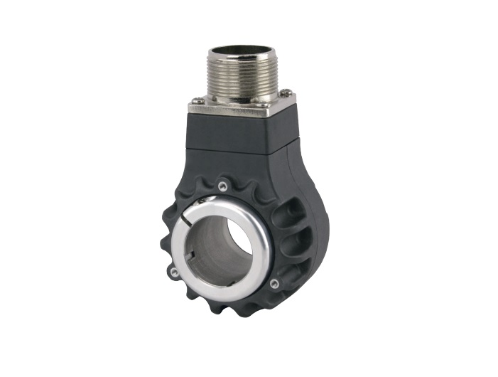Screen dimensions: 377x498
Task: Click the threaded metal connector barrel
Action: (x=239, y=74)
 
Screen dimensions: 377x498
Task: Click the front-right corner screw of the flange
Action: (x=264, y=106)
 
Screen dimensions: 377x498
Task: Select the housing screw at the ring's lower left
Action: (x=173, y=270)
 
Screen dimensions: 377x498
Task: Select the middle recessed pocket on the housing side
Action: (x=294, y=238)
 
